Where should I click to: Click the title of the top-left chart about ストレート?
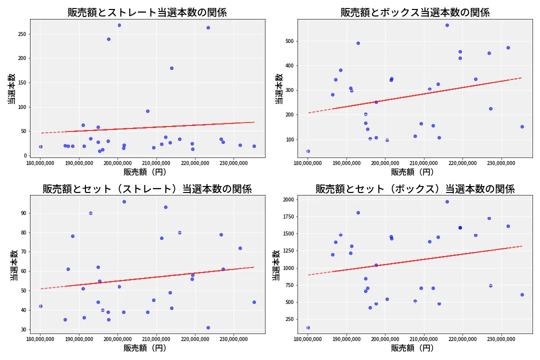tap(147, 12)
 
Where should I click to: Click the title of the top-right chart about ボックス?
tap(415, 12)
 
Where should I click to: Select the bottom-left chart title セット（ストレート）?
tap(147, 189)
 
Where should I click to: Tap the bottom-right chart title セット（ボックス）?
tap(415, 189)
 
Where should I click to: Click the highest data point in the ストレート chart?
tap(119, 25)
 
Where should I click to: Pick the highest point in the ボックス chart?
tap(447, 25)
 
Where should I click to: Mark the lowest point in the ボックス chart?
tap(308, 151)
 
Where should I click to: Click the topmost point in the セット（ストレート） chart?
tap(124, 201)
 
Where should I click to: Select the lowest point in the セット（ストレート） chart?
tap(208, 327)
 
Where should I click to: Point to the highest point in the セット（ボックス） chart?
tap(447, 201)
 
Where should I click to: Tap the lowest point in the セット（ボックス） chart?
tap(308, 327)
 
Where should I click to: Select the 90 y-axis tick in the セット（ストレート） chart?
tap(23, 213)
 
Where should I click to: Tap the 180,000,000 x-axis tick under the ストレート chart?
tap(40, 163)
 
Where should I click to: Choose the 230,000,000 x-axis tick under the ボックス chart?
tap(501, 163)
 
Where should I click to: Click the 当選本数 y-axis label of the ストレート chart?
tap(11, 88)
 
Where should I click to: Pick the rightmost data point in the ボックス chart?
tap(522, 126)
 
